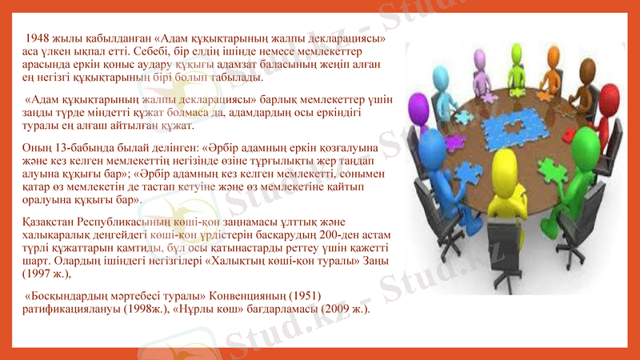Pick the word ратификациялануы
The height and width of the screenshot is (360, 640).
click(73, 309)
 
